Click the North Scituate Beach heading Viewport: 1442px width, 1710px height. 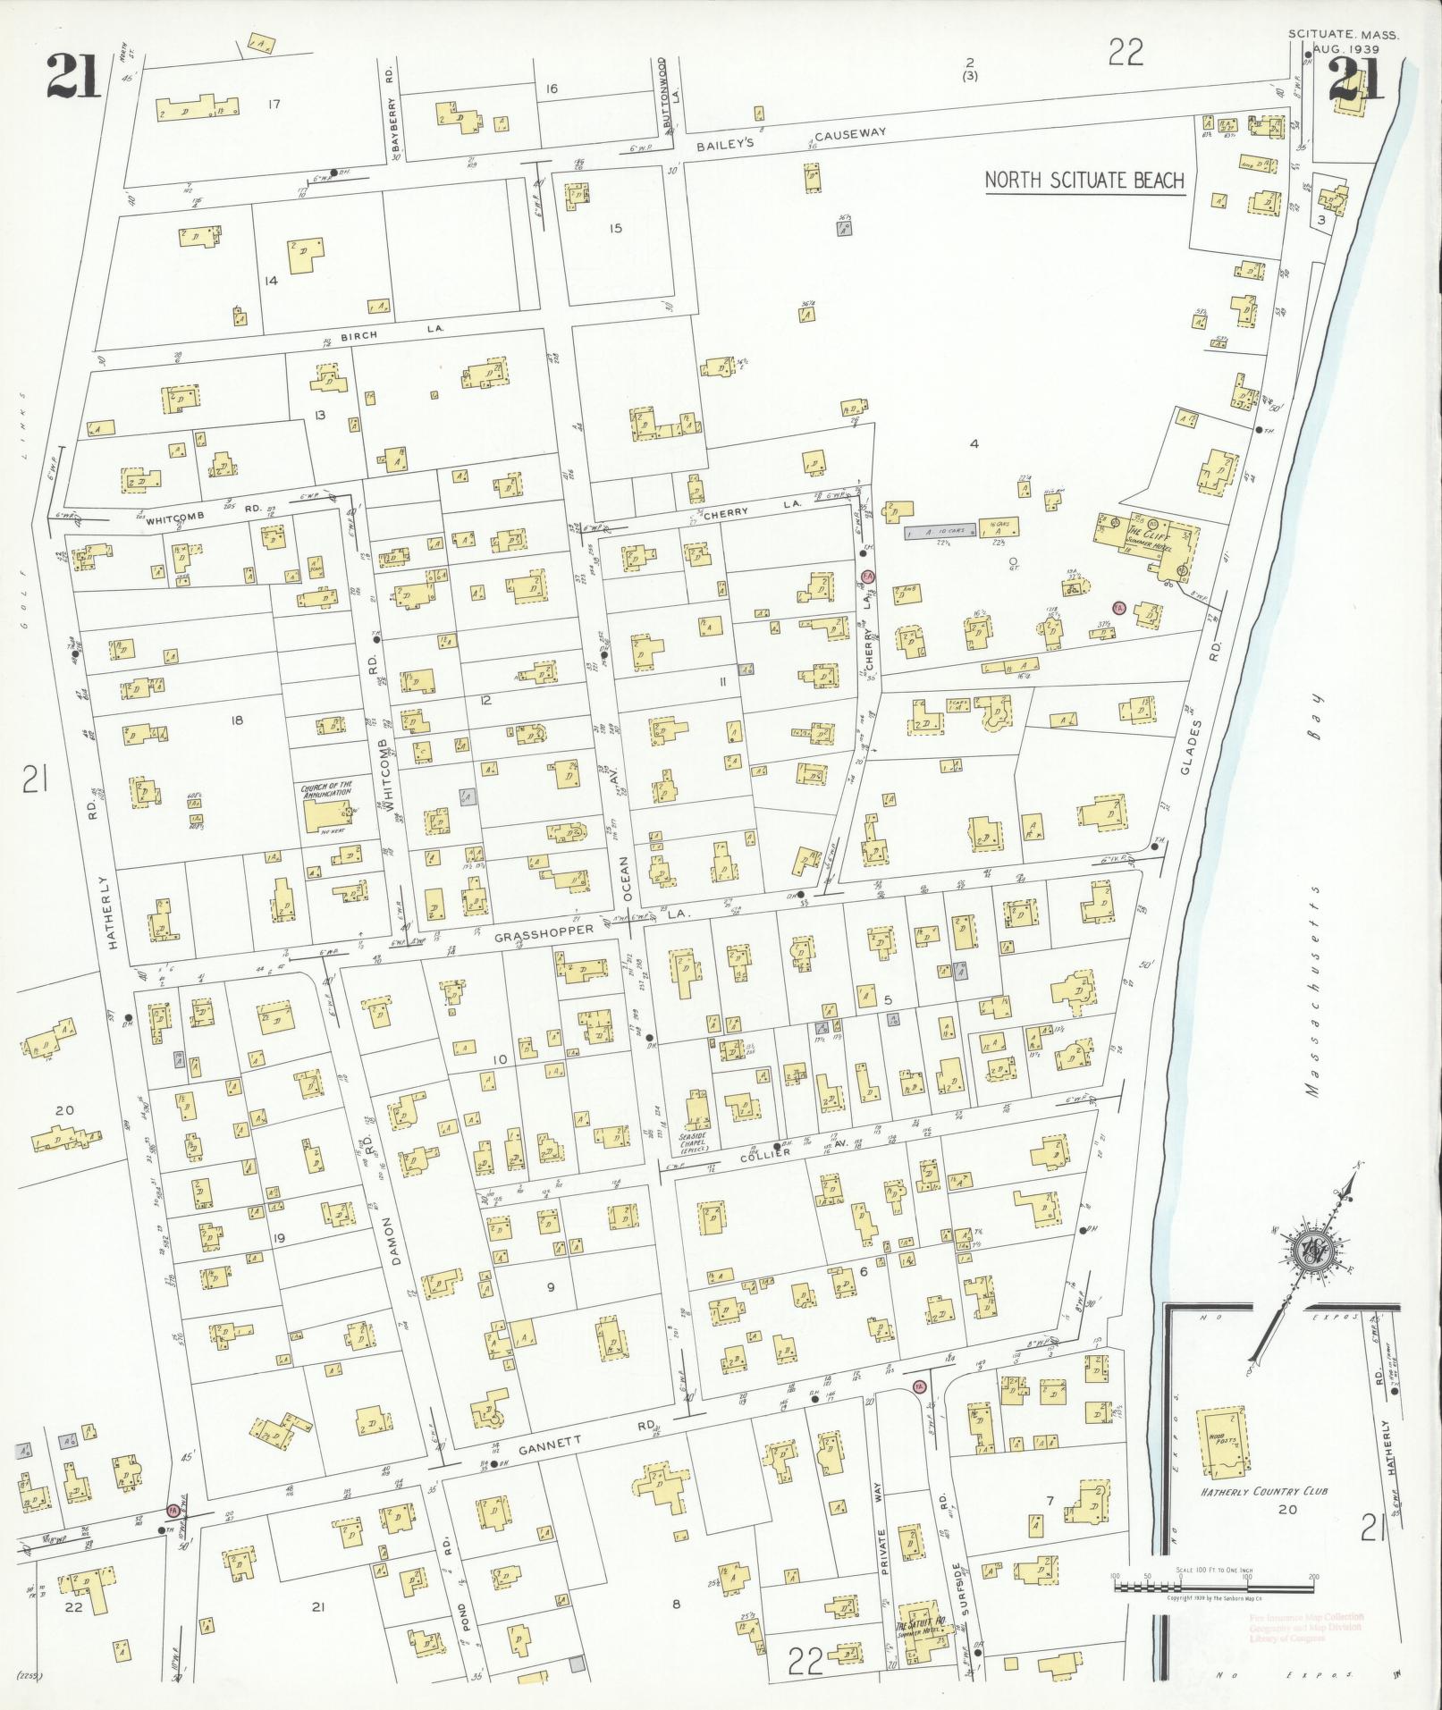(1084, 181)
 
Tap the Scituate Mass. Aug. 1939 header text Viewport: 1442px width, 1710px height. (1343, 41)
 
